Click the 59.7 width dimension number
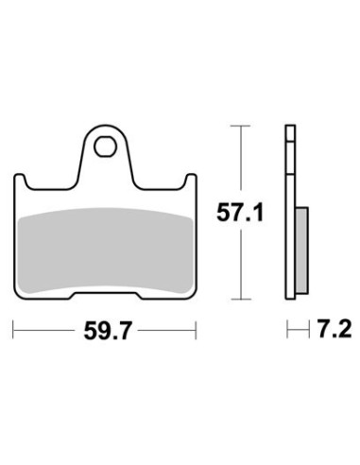tap(107, 331)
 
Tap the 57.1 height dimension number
tap(240, 213)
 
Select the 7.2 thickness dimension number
tap(334, 329)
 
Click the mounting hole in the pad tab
tap(105, 146)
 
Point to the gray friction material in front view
tap(106, 250)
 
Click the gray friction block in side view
tap(302, 250)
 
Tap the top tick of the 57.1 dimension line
tap(241, 126)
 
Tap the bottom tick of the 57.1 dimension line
tap(241, 299)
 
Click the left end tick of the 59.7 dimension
tap(13, 330)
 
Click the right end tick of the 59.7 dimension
tap(196, 330)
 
